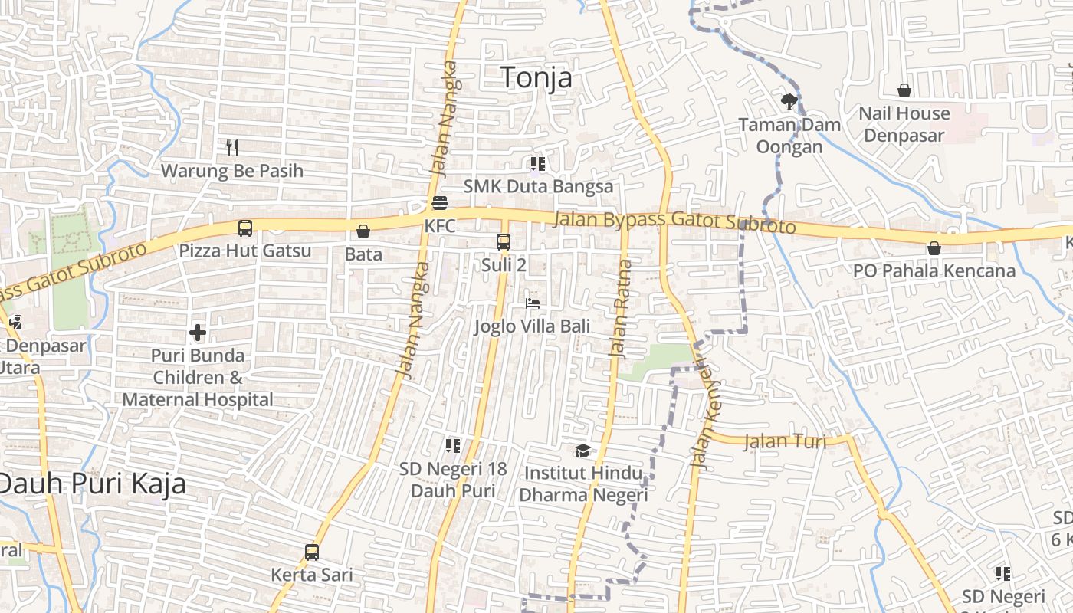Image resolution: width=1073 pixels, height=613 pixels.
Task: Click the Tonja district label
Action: point(536,77)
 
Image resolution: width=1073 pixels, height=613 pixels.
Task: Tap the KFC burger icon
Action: point(440,203)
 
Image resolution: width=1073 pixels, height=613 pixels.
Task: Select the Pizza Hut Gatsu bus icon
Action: point(245,228)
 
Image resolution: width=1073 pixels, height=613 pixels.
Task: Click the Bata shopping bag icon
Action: point(363,231)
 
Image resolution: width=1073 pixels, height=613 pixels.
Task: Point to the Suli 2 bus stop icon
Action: point(504,242)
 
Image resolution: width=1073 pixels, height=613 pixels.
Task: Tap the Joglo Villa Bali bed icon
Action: point(533,303)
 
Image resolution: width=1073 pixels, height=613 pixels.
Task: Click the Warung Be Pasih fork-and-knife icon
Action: point(232,147)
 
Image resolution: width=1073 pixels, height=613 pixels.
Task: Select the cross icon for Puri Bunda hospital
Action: point(198,333)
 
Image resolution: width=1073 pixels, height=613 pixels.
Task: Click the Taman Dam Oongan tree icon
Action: point(789,100)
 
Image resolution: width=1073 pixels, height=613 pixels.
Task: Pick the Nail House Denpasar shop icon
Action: point(904,90)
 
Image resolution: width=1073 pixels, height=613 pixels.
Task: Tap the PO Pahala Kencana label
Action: point(934,270)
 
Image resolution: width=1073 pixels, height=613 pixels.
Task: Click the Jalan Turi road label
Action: point(786,441)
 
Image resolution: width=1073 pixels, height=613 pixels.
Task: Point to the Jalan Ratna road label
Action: point(620,309)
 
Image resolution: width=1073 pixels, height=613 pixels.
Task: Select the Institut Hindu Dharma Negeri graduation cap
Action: point(583,451)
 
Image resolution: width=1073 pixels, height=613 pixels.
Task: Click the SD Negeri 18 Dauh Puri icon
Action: point(453,445)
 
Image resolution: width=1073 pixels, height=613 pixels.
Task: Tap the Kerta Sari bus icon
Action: point(312,552)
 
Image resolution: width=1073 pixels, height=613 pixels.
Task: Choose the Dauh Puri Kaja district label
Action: point(93,484)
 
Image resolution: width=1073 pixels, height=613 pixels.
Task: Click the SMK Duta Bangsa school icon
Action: point(538,163)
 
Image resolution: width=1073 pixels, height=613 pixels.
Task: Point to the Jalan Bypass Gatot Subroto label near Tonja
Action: point(674,222)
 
